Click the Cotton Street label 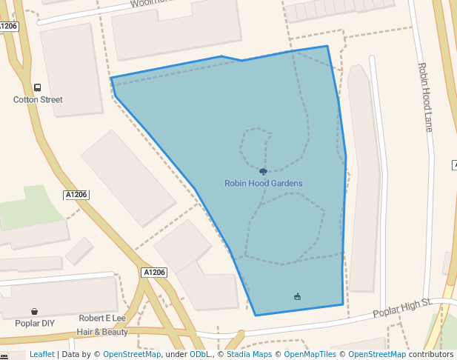(x=38, y=99)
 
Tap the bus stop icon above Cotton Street (x=38, y=87)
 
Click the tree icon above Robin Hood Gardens (x=263, y=172)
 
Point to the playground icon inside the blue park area (x=297, y=297)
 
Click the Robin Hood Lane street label (x=425, y=96)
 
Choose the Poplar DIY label (x=35, y=324)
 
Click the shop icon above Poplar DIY (x=35, y=312)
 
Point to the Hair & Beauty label (x=102, y=332)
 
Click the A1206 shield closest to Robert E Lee (x=154, y=273)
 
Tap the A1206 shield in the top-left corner (x=8, y=26)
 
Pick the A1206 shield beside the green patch (x=76, y=195)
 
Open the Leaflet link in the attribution (x=41, y=355)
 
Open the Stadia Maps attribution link (x=248, y=355)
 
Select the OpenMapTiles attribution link (x=310, y=355)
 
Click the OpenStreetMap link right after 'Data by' (x=132, y=355)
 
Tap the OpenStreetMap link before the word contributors (x=377, y=355)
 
